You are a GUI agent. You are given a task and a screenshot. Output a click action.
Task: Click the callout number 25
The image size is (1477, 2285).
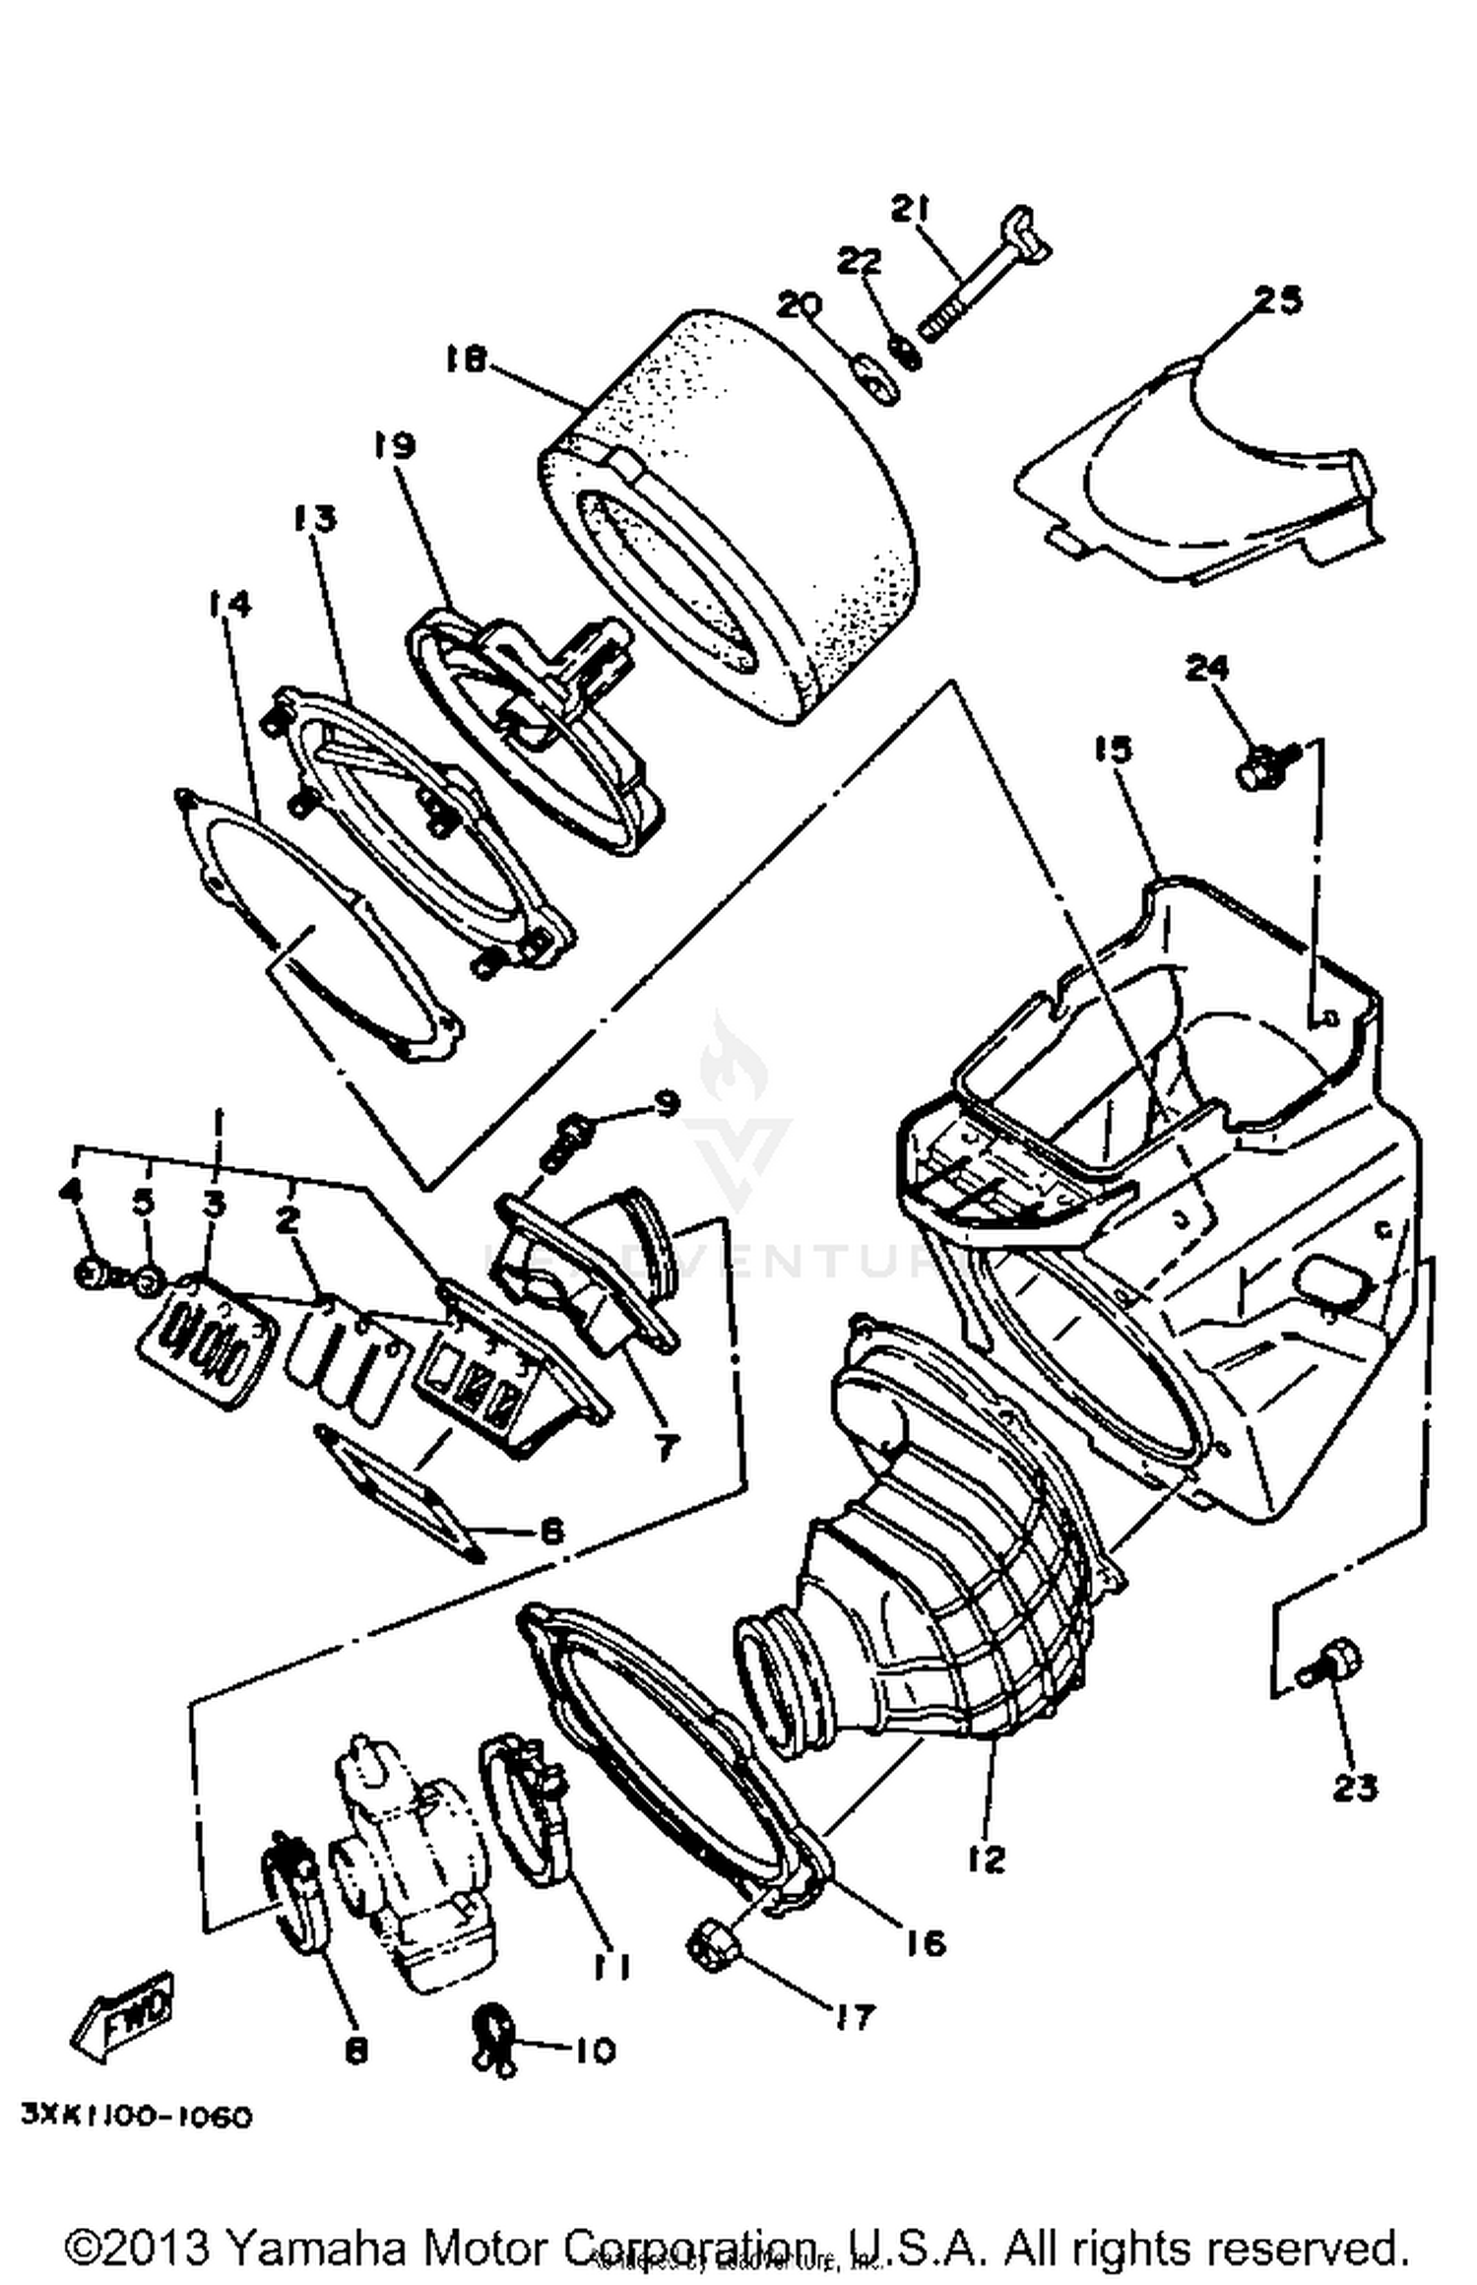tap(1277, 299)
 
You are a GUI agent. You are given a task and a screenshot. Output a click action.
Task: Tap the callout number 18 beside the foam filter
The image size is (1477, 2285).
tap(465, 360)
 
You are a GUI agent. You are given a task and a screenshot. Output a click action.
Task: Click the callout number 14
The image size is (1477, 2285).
tap(228, 603)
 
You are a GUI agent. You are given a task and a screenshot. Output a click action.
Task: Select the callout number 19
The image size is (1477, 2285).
tap(394, 445)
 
